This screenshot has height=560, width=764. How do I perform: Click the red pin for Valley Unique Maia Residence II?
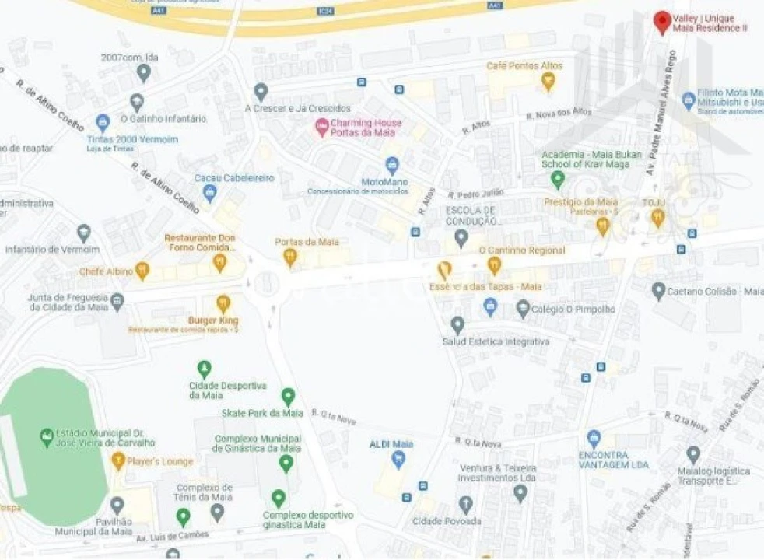tap(662, 21)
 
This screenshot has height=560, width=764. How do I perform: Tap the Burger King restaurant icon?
tap(223, 303)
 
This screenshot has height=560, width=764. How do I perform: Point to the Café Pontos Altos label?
tap(524, 66)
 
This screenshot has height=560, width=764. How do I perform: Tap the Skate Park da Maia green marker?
tap(288, 396)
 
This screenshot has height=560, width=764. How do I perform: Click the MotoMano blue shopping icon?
tap(392, 165)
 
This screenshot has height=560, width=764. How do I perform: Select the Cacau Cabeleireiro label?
tap(234, 178)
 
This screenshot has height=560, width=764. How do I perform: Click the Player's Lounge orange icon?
tap(118, 461)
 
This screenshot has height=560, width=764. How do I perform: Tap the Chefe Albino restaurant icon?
tap(142, 271)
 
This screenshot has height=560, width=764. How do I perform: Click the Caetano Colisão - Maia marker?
tap(658, 291)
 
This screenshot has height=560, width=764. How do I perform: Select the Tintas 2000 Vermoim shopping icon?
tap(103, 122)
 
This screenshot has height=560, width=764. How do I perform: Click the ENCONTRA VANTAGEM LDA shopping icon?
tap(594, 439)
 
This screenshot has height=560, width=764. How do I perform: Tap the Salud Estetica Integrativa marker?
tap(457, 324)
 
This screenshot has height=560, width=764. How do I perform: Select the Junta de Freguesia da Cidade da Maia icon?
tap(117, 301)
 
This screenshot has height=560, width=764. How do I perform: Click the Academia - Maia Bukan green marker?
tap(557, 180)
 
